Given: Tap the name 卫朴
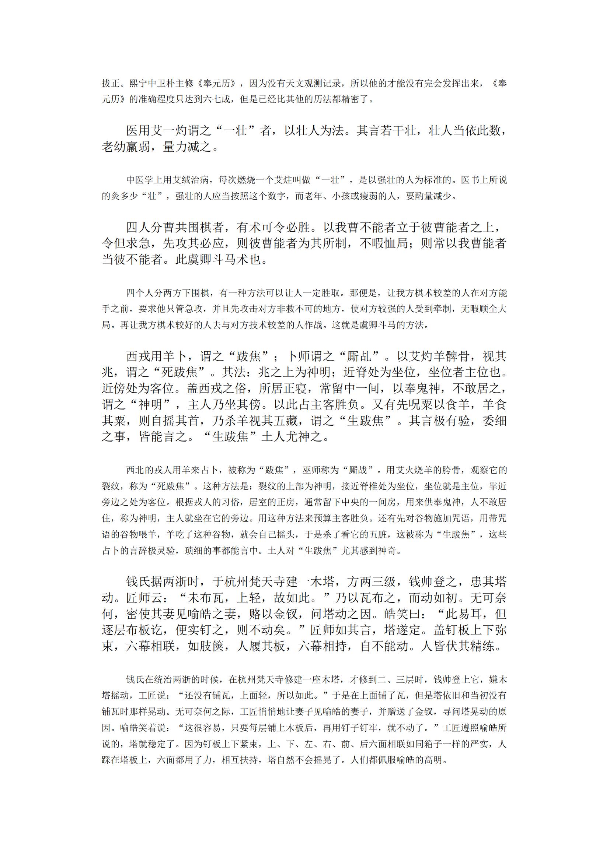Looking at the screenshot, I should click(165, 84).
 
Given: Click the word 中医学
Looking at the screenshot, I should click(139, 180).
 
